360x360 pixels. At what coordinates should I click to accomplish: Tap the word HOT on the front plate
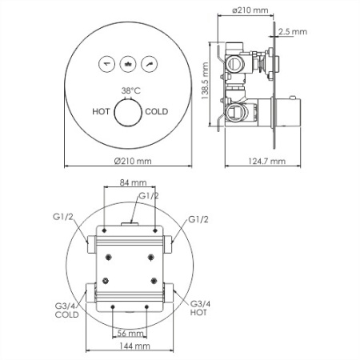[102, 113]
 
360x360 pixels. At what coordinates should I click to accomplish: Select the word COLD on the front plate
[157, 113]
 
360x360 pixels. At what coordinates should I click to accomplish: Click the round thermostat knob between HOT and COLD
[128, 114]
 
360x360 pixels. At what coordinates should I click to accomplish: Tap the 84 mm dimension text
[128, 182]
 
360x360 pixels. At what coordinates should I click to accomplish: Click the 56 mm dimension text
[129, 333]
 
